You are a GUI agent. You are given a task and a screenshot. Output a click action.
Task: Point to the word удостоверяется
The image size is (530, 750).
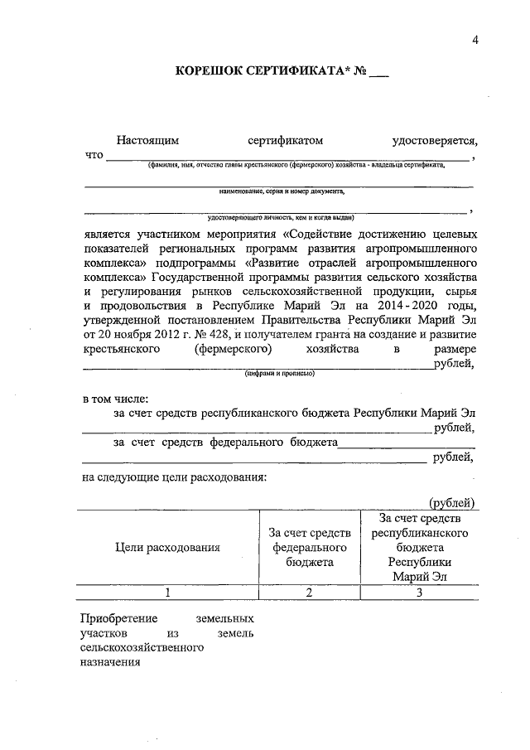(x=436, y=141)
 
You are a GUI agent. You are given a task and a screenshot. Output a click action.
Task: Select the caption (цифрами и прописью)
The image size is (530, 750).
(x=279, y=373)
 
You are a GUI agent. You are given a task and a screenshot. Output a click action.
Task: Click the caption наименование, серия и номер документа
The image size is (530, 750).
(x=279, y=191)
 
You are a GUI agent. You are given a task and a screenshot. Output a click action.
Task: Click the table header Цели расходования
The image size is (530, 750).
(x=167, y=547)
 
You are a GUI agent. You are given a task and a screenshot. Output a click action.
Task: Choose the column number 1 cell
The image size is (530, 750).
(x=167, y=592)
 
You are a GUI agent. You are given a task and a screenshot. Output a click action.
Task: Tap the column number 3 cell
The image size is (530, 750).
(x=421, y=592)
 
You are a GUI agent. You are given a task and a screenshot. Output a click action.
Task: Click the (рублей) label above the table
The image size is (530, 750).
(x=452, y=501)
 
